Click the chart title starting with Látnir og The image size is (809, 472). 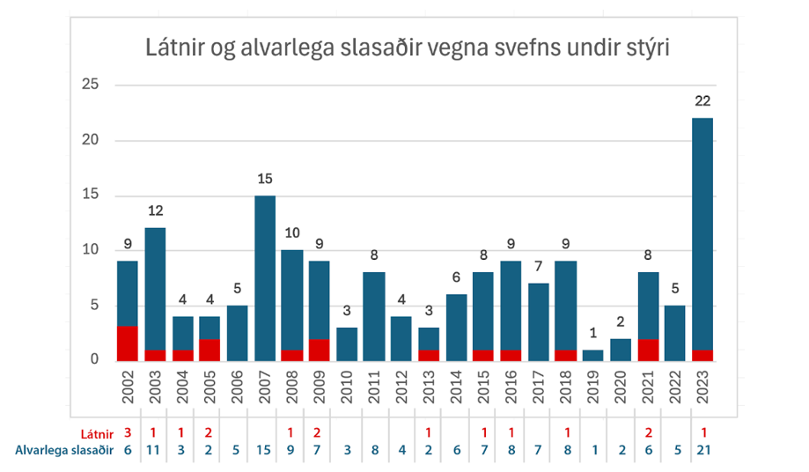pos(408,48)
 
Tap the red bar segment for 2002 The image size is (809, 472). pos(128,343)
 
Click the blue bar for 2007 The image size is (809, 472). pos(264,277)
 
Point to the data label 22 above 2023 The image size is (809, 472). pos(702,101)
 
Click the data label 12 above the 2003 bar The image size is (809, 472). pos(155,210)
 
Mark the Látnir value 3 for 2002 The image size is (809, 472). pos(128,432)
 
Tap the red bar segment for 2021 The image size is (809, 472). pos(648,350)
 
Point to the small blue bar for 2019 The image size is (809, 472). pos(593,355)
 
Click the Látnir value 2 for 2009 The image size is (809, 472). pos(319,432)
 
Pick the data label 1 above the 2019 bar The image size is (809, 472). pos(593,333)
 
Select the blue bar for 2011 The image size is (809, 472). pos(374,316)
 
